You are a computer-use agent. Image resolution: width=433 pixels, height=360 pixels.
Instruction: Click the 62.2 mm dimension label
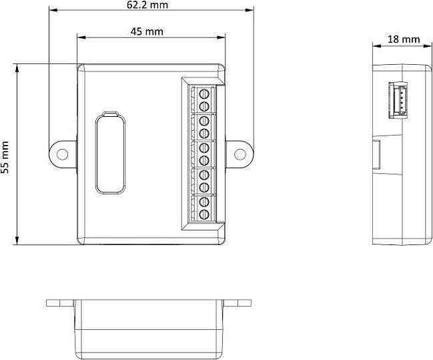tap(147, 5)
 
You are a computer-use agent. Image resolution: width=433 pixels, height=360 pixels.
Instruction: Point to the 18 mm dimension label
tap(404, 39)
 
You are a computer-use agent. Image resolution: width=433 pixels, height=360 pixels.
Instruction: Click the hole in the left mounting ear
tap(62, 154)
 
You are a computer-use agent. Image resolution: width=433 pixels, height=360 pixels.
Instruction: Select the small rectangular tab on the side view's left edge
tap(375, 154)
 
